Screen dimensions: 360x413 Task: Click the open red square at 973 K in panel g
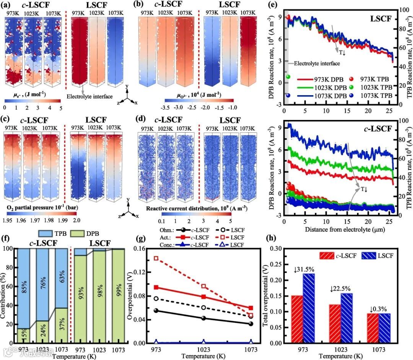pyautogui.click(x=156, y=258)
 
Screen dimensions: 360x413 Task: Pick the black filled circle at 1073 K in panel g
pyautogui.click(x=251, y=324)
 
